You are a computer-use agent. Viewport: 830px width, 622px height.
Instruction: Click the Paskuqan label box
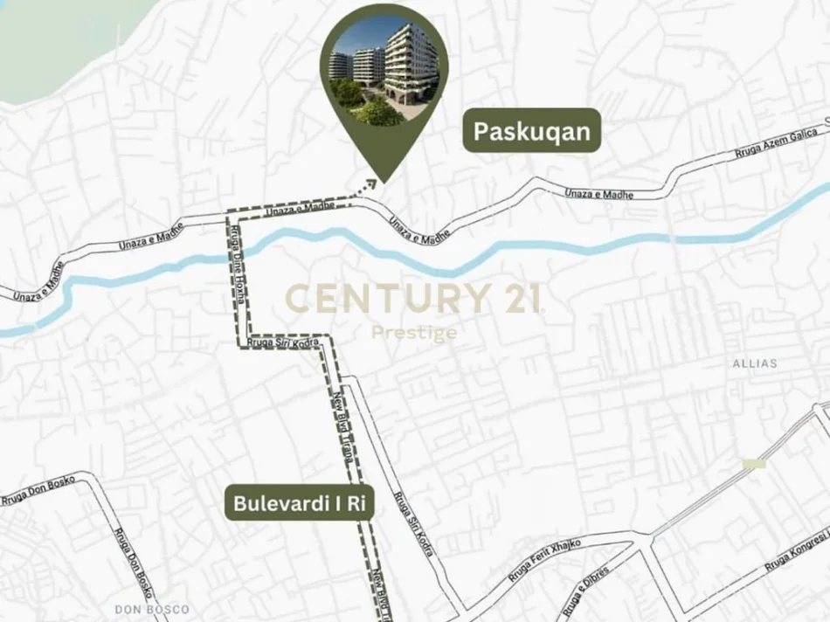click(531, 131)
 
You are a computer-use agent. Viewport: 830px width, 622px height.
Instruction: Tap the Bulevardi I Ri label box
click(298, 504)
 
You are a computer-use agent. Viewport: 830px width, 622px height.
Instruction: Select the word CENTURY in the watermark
click(377, 299)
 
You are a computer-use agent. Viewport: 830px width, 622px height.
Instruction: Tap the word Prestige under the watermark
click(414, 333)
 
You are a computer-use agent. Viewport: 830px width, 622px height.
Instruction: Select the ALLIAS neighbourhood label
click(756, 363)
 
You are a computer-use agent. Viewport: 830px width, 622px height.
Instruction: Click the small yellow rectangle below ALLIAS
click(753, 463)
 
